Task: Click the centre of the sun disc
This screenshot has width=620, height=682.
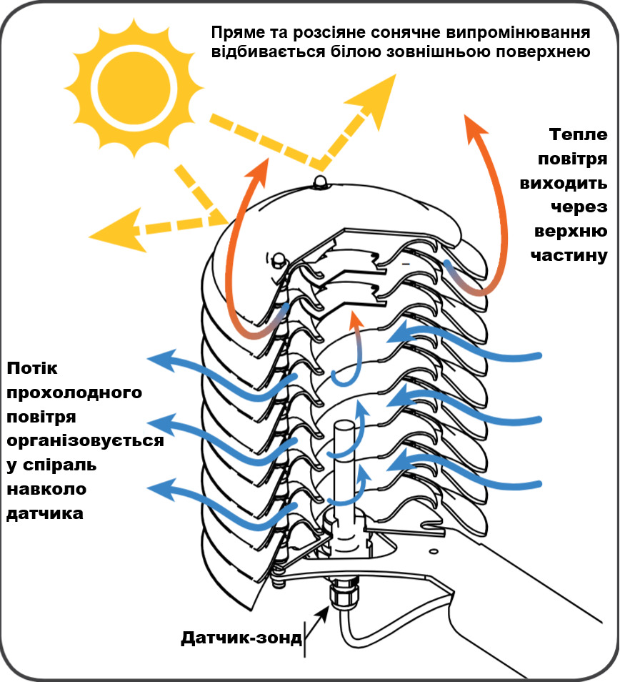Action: pos(134,84)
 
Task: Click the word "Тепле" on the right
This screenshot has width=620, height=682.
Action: pos(579,135)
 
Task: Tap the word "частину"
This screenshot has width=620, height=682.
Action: pos(569,255)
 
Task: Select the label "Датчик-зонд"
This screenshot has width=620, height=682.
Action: pos(241,637)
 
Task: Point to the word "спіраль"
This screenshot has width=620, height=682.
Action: pos(56,465)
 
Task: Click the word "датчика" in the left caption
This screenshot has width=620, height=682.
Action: pos(44,513)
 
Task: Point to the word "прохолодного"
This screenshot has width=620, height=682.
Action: pos(74,392)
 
